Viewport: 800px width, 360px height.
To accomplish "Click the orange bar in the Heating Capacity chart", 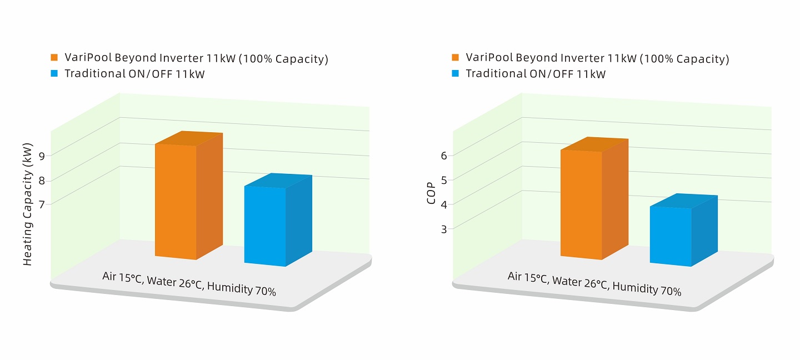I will [x=176, y=201].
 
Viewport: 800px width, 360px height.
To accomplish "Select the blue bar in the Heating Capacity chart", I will [x=265, y=225].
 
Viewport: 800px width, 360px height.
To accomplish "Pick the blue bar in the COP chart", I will [x=671, y=236].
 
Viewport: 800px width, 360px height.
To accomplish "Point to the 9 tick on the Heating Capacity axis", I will [x=42, y=156].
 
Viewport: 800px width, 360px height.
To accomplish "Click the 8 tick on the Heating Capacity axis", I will [x=42, y=180].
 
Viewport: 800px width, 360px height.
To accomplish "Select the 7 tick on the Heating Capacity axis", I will [x=42, y=204].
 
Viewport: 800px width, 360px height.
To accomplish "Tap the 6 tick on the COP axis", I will [x=444, y=156].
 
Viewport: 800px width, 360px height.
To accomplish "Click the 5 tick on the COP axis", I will [x=444, y=179].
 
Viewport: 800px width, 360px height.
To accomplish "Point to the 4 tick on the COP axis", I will [x=444, y=204].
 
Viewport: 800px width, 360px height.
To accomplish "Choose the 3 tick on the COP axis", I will [x=444, y=228].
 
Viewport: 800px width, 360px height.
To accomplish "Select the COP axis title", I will [x=431, y=192].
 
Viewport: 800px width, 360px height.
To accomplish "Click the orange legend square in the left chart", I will [x=54, y=57].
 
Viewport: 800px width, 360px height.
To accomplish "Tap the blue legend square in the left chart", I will [x=54, y=73].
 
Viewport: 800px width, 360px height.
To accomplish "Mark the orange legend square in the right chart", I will [x=456, y=57].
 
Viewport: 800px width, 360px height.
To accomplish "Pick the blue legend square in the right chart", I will [x=456, y=73].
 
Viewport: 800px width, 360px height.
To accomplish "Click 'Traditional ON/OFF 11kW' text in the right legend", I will [x=536, y=73].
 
